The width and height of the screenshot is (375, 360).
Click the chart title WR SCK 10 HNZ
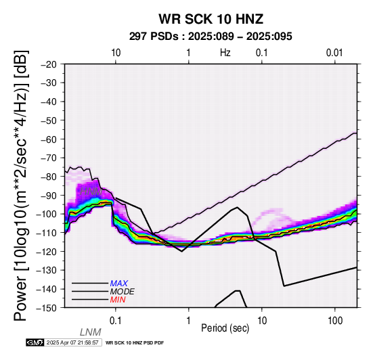click(x=211, y=19)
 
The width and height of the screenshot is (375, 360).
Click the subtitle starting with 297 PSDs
click(x=211, y=37)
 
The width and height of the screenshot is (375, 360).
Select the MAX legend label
click(x=118, y=284)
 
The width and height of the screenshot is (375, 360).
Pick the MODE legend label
click(x=122, y=292)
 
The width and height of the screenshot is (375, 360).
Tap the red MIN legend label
click(x=118, y=300)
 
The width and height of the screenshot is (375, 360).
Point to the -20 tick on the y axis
click(x=49, y=64)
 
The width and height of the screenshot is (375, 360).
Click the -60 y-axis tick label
click(x=49, y=139)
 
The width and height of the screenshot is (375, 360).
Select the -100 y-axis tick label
click(x=47, y=214)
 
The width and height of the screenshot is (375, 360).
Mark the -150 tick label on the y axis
click(x=47, y=308)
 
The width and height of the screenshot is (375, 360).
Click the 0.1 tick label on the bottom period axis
click(x=115, y=321)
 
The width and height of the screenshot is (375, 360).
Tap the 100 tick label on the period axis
click(x=335, y=321)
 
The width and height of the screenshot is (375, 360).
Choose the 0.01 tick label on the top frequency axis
click(x=334, y=53)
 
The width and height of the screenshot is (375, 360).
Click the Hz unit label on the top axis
click(x=225, y=53)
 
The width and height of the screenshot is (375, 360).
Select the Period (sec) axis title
click(x=225, y=328)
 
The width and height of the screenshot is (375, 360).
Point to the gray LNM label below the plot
click(x=91, y=332)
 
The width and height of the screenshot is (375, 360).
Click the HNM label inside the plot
click(x=91, y=192)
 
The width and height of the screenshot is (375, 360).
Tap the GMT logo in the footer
click(x=35, y=342)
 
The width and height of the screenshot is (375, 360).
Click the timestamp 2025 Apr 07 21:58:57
click(x=72, y=342)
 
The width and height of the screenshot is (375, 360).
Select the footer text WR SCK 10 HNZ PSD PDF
click(x=135, y=343)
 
